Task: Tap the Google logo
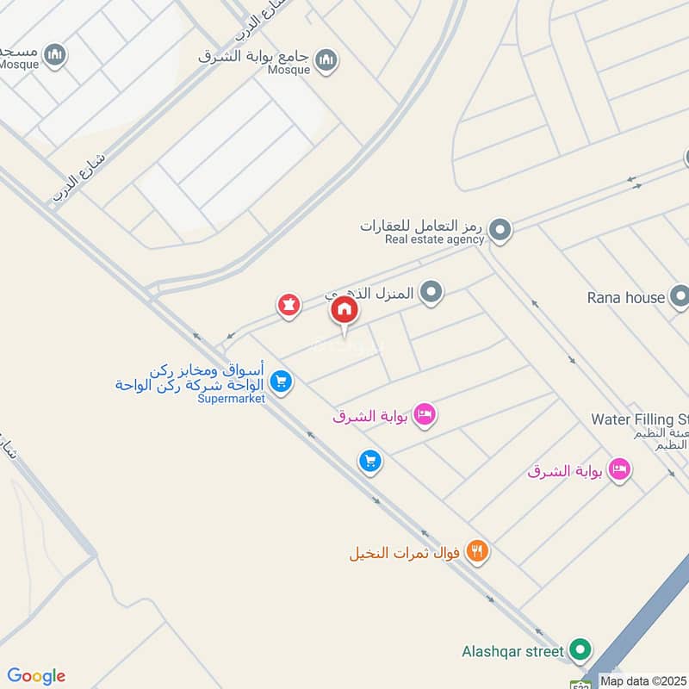pyautogui.click(x=36, y=676)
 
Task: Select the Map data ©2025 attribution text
pyautogui.click(x=644, y=680)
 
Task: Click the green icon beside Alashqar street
pyautogui.click(x=581, y=651)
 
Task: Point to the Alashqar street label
pyautogui.click(x=513, y=652)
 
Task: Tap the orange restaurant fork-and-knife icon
pyautogui.click(x=476, y=551)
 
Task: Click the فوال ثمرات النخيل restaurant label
pyautogui.click(x=404, y=552)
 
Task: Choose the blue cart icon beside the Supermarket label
pyautogui.click(x=280, y=380)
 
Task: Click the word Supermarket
pyautogui.click(x=231, y=398)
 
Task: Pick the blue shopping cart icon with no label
pyautogui.click(x=369, y=462)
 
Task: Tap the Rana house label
pyautogui.click(x=626, y=298)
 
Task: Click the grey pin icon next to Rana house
pyautogui.click(x=680, y=297)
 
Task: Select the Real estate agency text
pyautogui.click(x=434, y=239)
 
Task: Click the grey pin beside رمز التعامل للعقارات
pyautogui.click(x=500, y=230)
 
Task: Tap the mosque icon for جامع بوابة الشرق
pyautogui.click(x=326, y=59)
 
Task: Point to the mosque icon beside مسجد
pyautogui.click(x=56, y=54)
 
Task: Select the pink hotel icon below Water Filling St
pyautogui.click(x=618, y=470)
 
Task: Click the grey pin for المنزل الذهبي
pyautogui.click(x=431, y=294)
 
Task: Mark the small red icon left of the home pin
pyautogui.click(x=289, y=306)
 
